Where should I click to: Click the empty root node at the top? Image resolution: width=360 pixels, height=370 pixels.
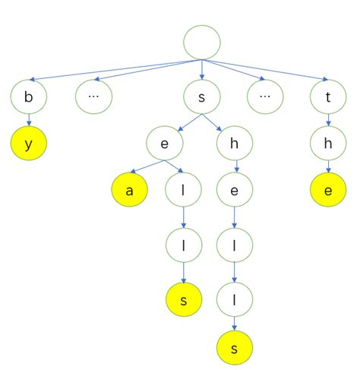click(x=202, y=42)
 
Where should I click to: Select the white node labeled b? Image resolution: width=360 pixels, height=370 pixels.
click(x=29, y=97)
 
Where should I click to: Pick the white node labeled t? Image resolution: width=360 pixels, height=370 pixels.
click(x=327, y=97)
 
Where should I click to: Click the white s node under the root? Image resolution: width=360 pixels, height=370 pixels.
click(x=202, y=97)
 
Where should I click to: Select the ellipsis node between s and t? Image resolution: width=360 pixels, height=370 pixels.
click(x=266, y=97)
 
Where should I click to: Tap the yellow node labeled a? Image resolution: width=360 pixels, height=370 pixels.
click(x=130, y=191)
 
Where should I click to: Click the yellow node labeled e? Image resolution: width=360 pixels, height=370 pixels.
click(x=327, y=191)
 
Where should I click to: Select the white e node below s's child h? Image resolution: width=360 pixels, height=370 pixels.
click(x=235, y=191)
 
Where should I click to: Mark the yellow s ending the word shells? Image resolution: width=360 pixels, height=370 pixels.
click(x=235, y=348)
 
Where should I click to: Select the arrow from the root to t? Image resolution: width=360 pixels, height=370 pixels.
click(x=266, y=70)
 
